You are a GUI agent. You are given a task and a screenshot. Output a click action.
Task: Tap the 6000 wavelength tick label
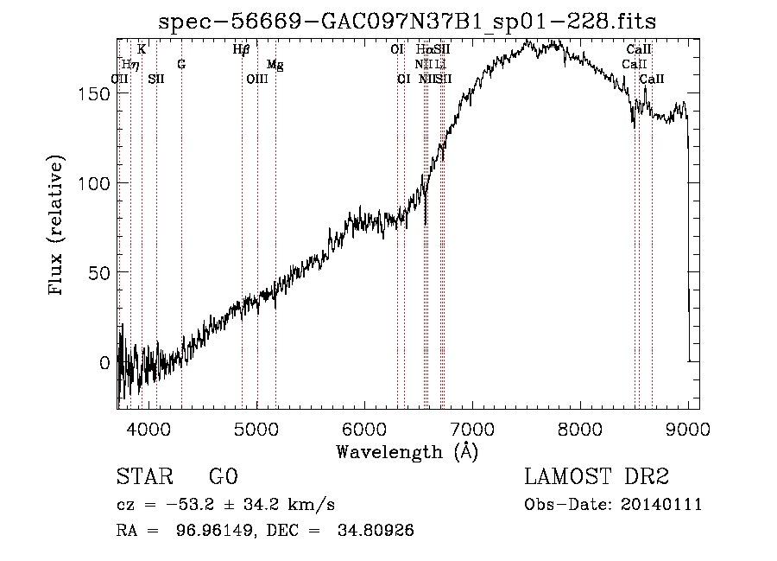click(364, 428)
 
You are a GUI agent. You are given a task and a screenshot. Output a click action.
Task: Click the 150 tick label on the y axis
click(96, 93)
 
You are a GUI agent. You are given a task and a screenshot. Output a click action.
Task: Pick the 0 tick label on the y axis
click(104, 363)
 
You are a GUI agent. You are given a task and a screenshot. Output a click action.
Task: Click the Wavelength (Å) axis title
click(407, 450)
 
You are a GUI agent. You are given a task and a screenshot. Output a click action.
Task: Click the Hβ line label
click(241, 49)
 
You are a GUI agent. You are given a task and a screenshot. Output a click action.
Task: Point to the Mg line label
click(275, 64)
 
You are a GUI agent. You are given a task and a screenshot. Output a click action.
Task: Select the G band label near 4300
click(181, 64)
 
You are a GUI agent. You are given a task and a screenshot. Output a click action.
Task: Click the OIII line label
click(257, 79)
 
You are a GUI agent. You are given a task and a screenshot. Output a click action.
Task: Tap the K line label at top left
click(142, 49)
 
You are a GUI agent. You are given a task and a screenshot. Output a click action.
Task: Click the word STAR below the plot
click(142, 477)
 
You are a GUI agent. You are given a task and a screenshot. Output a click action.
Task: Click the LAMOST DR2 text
click(597, 477)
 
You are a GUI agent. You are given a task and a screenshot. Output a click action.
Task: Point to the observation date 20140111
click(660, 504)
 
